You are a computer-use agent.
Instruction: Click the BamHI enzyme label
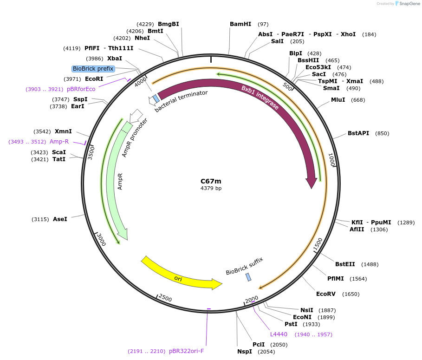[240, 24]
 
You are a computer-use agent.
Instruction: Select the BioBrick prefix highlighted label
[93, 69]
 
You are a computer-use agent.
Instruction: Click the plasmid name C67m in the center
[211, 181]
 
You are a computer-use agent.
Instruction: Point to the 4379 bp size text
[211, 189]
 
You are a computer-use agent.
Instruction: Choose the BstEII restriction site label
[345, 264]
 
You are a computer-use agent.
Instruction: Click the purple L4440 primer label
[279, 334]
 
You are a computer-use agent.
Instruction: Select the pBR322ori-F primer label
[186, 351]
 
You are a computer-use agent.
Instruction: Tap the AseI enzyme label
[60, 219]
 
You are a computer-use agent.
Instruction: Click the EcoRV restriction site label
[325, 294]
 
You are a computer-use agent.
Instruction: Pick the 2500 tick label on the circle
[165, 298]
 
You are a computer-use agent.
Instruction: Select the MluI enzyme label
[338, 100]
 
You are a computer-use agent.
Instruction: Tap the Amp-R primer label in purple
[59, 142]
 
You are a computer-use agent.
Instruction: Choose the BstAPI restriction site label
[358, 133]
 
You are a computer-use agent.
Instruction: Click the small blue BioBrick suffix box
[248, 277]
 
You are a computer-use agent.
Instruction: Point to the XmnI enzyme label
[63, 131]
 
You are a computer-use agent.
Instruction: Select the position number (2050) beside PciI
[279, 345]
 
